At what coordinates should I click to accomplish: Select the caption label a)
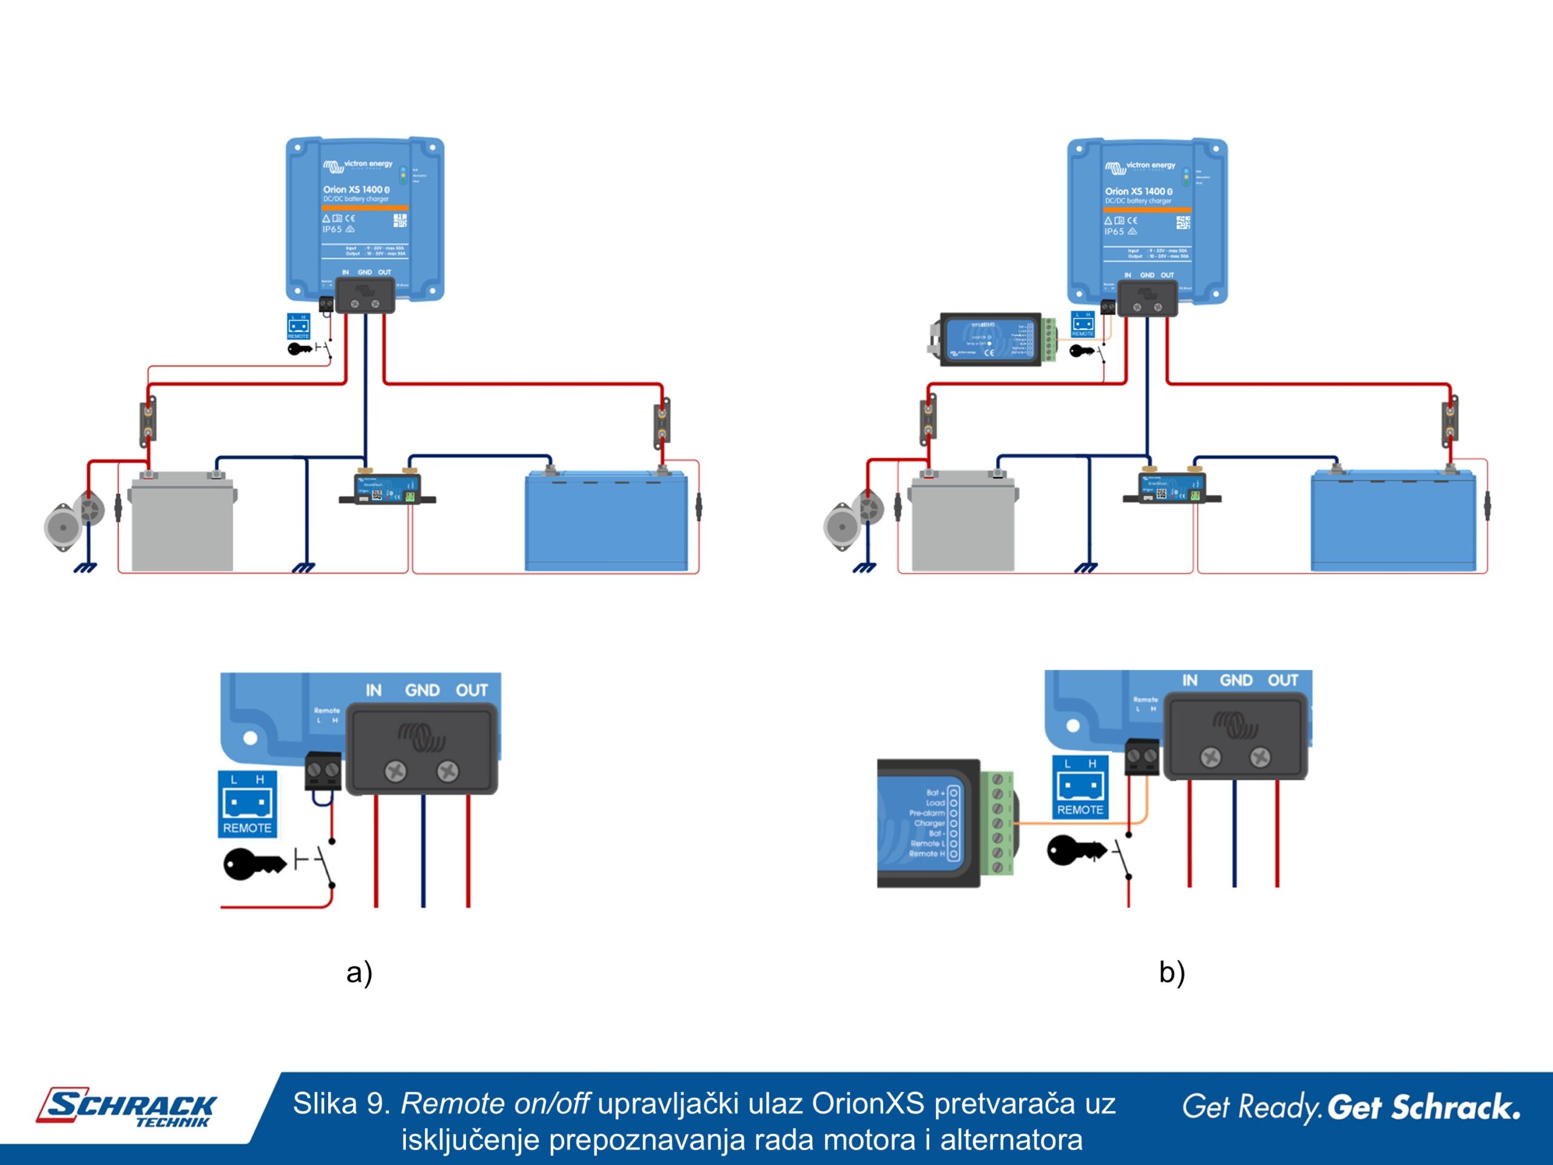[x=359, y=973]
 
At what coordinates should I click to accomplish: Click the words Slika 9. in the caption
[x=341, y=1104]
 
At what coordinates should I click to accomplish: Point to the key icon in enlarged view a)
[x=253, y=864]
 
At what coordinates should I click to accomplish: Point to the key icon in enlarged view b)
[x=1075, y=851]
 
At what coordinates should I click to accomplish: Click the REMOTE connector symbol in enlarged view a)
[x=247, y=804]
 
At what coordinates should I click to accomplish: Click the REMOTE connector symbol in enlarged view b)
[x=1080, y=787]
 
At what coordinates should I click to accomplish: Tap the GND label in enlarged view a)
[x=422, y=691]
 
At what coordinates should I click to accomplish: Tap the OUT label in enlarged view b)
[x=1282, y=680]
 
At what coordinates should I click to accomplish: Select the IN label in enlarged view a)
[x=374, y=691]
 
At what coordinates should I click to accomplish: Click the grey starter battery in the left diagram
[x=183, y=523]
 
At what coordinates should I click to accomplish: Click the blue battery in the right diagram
[x=1393, y=523]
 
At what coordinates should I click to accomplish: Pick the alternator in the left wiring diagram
[x=74, y=519]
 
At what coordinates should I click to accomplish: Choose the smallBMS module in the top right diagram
[x=990, y=340]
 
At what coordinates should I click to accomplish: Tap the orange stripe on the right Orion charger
[x=1147, y=210]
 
